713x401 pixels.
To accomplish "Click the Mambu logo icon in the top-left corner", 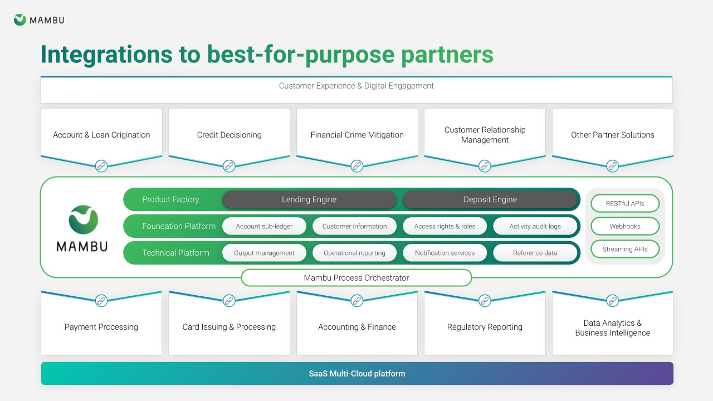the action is coord(19,19).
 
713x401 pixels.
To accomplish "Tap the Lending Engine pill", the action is coord(309,199).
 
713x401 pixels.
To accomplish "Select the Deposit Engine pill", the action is coord(490,199).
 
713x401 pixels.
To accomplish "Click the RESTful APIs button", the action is coord(625,203).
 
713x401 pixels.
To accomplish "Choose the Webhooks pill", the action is coord(625,226).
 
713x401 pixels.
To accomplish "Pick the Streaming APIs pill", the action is coord(625,249).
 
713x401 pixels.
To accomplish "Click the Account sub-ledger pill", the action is coord(264,226).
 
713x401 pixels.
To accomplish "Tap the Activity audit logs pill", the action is coord(535,226).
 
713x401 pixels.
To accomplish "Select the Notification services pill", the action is coord(445,253).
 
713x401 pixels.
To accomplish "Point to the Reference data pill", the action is coord(535,253).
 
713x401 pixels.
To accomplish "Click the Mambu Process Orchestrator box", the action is coord(356,278).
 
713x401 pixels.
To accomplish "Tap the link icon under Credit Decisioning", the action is coord(229,166).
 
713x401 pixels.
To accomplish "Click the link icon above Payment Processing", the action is coord(101,300).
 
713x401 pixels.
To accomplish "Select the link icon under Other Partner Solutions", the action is coord(612,166).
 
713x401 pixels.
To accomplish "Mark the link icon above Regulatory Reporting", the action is coord(485,300).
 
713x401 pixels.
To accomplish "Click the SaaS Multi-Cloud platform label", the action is coord(357,374).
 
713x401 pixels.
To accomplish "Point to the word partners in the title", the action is coord(447,55).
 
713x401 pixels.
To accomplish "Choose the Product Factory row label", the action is coord(170,199).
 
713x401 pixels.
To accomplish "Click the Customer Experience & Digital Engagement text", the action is coord(356,86).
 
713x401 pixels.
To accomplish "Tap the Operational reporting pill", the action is coord(354,253).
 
